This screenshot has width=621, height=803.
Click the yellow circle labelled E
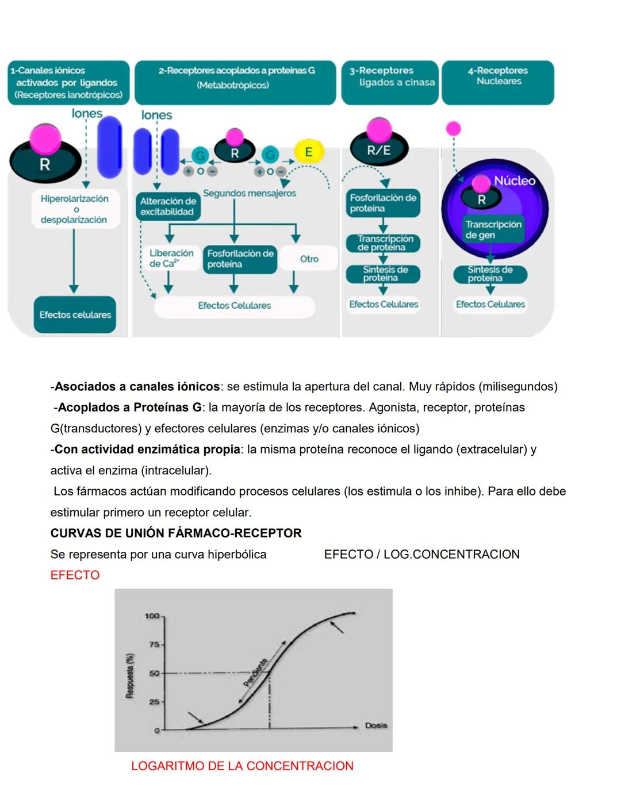click(x=309, y=152)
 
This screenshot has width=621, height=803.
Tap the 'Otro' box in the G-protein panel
click(x=309, y=259)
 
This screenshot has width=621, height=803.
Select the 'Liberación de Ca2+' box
click(x=171, y=258)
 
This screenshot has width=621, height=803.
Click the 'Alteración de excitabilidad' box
click(x=168, y=206)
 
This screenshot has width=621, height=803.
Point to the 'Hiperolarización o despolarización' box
click(x=74, y=209)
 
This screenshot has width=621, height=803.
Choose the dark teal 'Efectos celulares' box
click(x=75, y=314)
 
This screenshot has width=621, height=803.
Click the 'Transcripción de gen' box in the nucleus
click(x=493, y=229)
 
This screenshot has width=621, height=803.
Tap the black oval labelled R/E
click(x=379, y=150)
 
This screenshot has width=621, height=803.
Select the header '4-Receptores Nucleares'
click(x=498, y=76)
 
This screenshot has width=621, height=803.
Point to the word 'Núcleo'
click(x=515, y=180)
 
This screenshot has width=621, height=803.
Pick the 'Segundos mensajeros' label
click(x=250, y=193)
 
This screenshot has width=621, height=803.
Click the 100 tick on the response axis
click(x=153, y=616)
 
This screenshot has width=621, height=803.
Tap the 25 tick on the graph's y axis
click(x=154, y=702)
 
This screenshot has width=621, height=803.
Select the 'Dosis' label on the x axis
click(x=376, y=725)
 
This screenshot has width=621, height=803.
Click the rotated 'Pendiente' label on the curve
click(x=256, y=673)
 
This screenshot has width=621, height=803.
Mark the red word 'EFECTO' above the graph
click(x=75, y=575)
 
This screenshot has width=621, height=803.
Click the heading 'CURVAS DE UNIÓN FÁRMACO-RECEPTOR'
click(x=176, y=533)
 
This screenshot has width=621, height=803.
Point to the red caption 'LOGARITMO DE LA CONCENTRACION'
click(x=242, y=766)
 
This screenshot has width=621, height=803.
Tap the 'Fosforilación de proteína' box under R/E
click(x=383, y=203)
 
